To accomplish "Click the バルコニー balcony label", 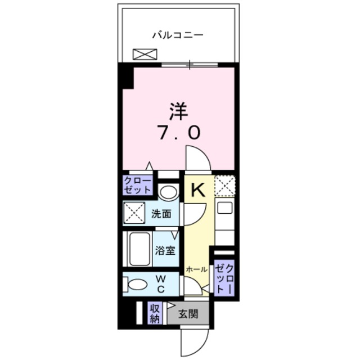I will [177, 35].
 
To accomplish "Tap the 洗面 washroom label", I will [161, 214].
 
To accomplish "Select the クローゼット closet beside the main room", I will [138, 184].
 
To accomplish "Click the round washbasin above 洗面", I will [167, 192].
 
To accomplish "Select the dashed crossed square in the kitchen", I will [224, 185].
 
